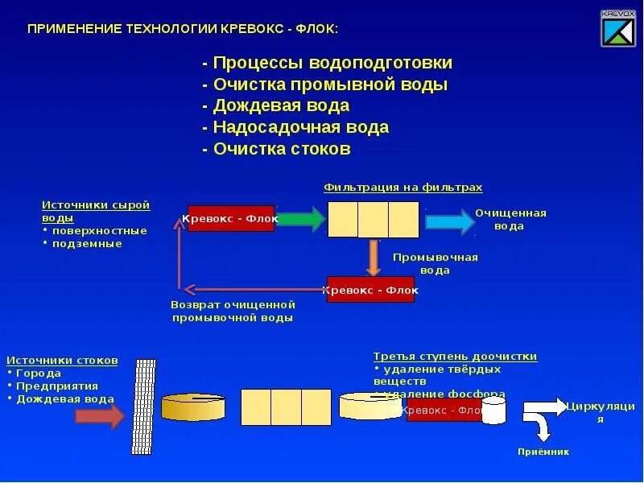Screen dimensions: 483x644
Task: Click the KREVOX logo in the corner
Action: point(617,29)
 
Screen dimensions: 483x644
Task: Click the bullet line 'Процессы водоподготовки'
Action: point(328,63)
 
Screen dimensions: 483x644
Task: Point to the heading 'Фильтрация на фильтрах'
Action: point(402,188)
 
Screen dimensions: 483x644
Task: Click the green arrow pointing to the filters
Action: point(300,219)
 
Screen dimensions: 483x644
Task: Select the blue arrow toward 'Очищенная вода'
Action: point(449,222)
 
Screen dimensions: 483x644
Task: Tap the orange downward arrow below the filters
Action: point(373,258)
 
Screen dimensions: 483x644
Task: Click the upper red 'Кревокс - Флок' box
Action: point(231,218)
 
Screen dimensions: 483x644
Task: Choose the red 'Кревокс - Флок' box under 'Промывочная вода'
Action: point(370,290)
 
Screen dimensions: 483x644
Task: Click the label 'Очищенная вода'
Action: point(510,220)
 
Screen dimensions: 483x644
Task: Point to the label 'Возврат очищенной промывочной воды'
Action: point(233,312)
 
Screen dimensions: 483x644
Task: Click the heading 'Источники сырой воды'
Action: point(96,211)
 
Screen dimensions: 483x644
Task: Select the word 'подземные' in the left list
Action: point(87,243)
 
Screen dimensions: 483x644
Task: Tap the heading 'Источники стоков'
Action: point(62,361)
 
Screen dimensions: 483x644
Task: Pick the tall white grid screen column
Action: point(144,406)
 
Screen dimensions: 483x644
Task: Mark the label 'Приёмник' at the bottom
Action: point(543,452)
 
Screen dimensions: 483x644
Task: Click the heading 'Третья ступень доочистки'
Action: point(455,357)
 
